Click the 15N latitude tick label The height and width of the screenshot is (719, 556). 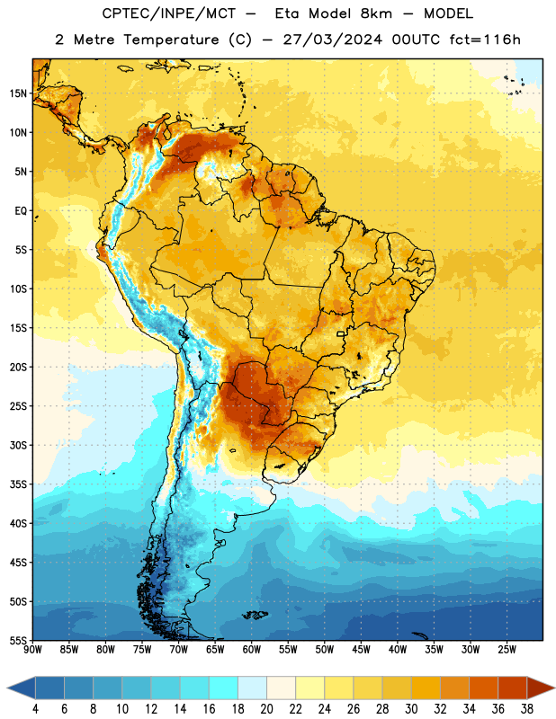pyautogui.click(x=18, y=93)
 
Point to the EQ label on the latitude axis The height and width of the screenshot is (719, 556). pyautogui.click(x=21, y=211)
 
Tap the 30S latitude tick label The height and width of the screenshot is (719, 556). pyautogui.click(x=18, y=445)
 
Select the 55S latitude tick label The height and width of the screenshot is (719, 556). pyautogui.click(x=18, y=640)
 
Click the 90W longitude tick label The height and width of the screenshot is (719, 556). pyautogui.click(x=32, y=649)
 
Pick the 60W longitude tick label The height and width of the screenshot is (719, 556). pyautogui.click(x=252, y=649)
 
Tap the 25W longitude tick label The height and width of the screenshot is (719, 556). pyautogui.click(x=507, y=649)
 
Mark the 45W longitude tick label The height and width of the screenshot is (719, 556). pyautogui.click(x=361, y=649)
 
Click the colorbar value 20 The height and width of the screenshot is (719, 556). pyautogui.click(x=266, y=709)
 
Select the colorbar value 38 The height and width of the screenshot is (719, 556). pyautogui.click(x=526, y=709)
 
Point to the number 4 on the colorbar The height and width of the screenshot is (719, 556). pyautogui.click(x=35, y=709)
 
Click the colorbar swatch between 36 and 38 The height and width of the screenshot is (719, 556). pyautogui.click(x=513, y=688)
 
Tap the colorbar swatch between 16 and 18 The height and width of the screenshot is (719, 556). pyautogui.click(x=224, y=688)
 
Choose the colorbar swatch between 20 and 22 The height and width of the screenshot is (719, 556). pyautogui.click(x=282, y=688)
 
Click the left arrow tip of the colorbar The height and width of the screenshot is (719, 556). pyautogui.click(x=8, y=688)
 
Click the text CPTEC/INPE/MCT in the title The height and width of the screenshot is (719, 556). pyautogui.click(x=168, y=13)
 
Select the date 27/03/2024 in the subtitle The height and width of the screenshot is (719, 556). pyautogui.click(x=332, y=40)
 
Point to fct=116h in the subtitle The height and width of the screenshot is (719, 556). pyautogui.click(x=485, y=40)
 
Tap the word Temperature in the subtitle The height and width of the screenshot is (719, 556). pyautogui.click(x=171, y=40)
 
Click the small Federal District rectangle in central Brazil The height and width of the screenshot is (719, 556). pyautogui.click(x=341, y=334)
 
